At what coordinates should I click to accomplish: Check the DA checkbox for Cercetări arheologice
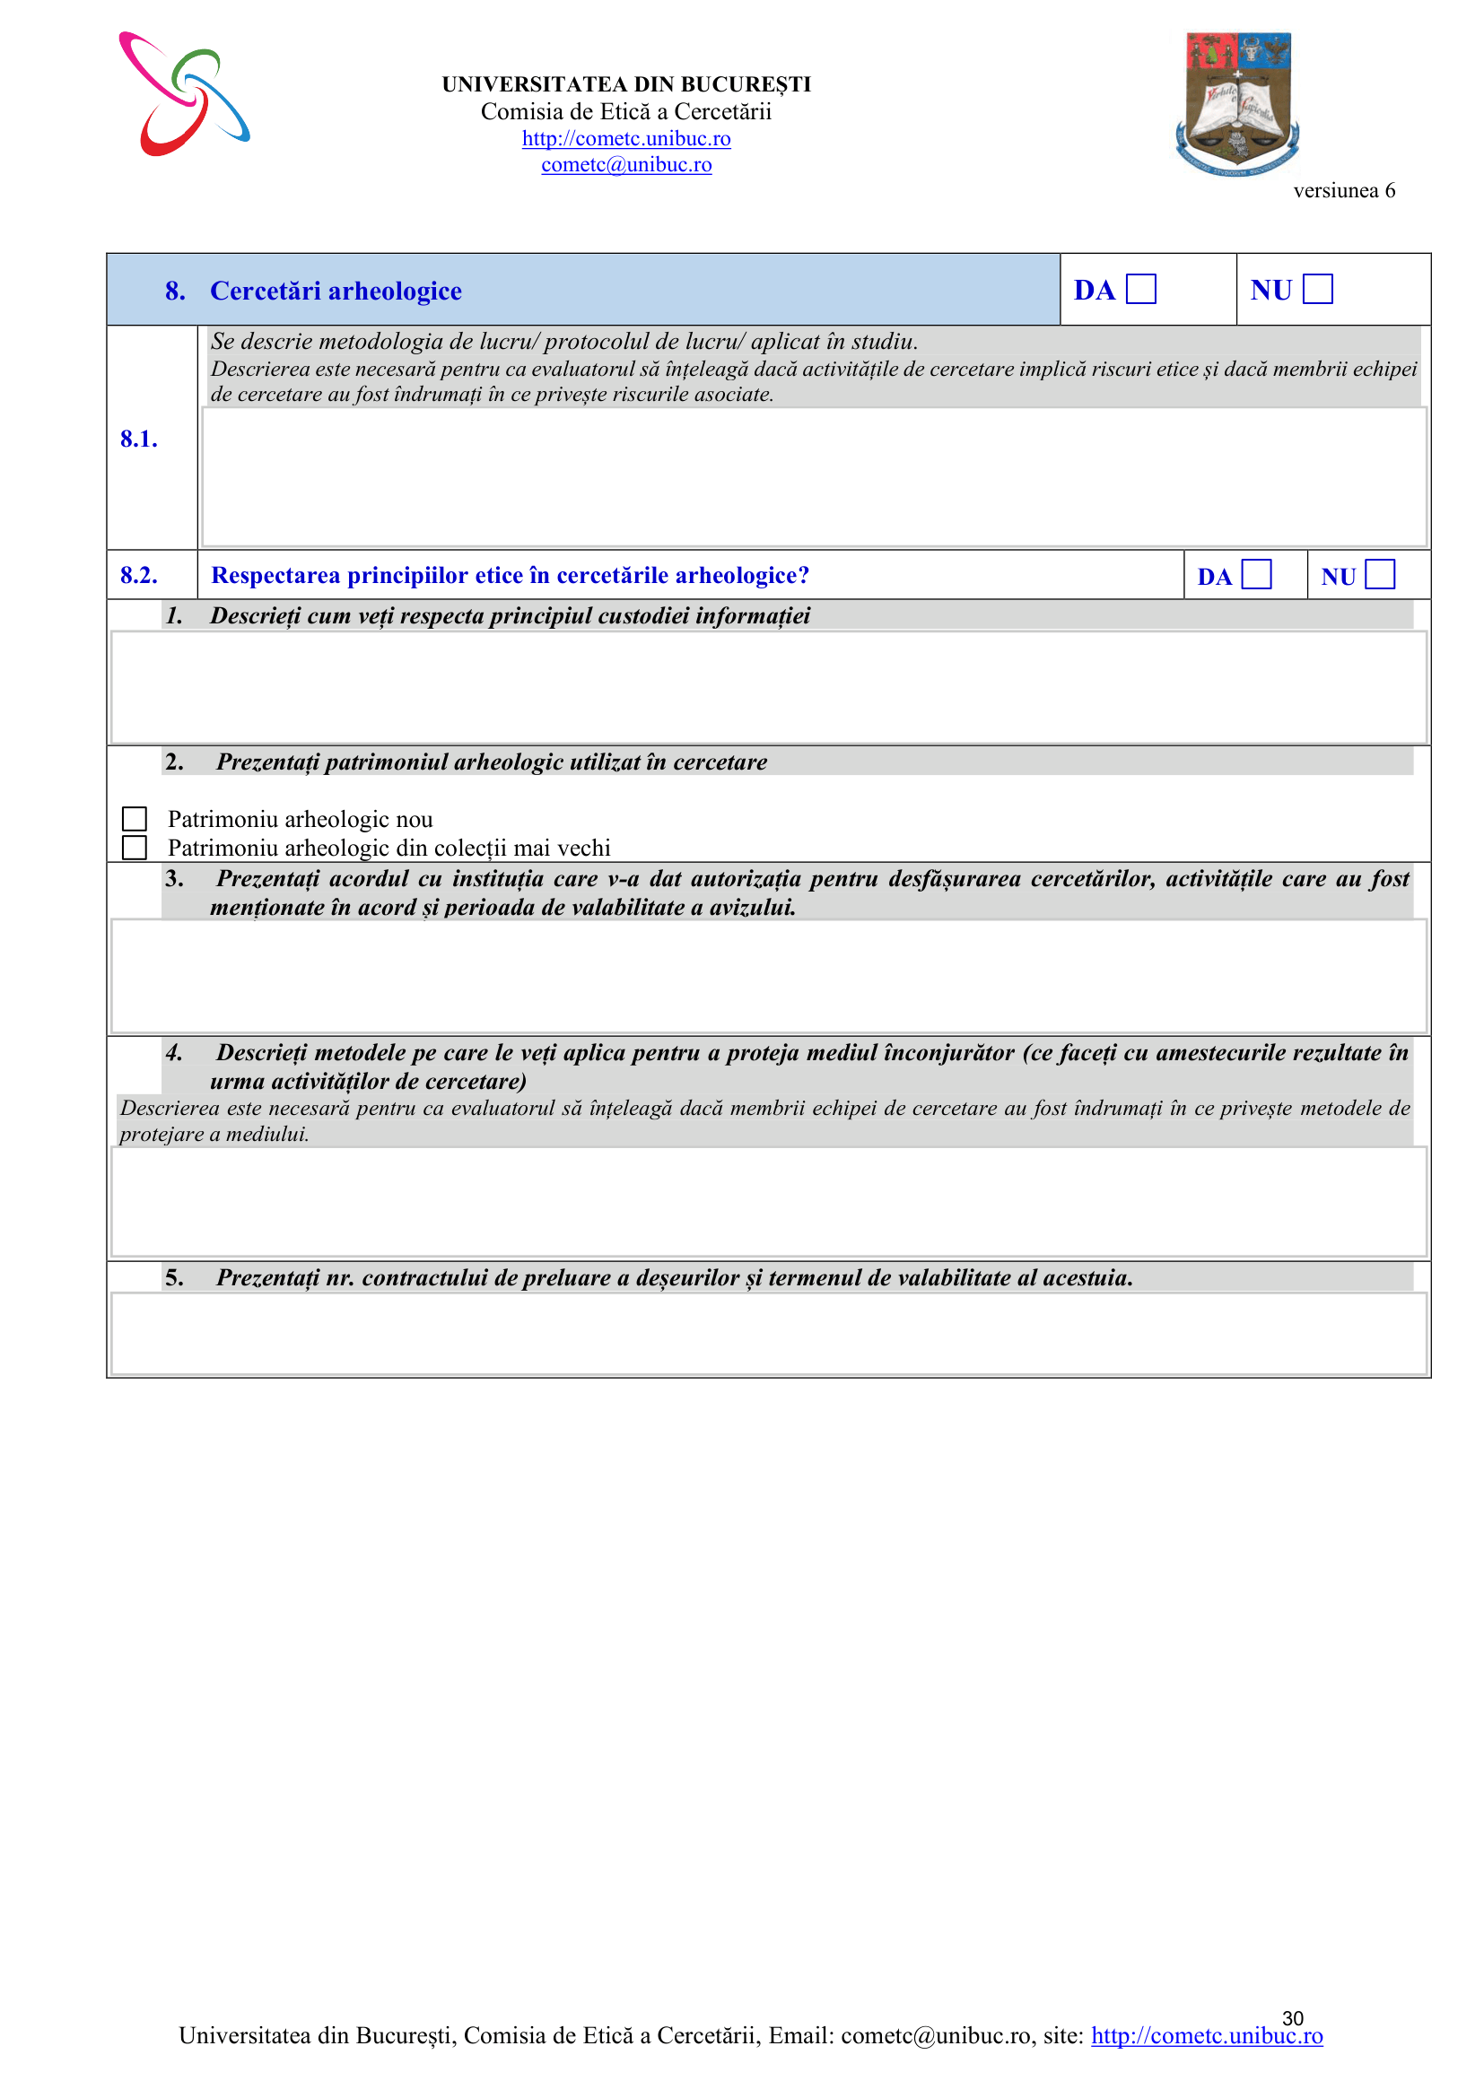tap(1140, 290)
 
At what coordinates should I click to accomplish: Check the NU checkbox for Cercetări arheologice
tap(1317, 290)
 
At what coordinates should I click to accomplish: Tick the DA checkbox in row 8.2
tap(1255, 575)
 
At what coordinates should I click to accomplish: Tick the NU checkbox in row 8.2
tap(1379, 575)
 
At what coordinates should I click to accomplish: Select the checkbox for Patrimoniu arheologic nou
tap(135, 819)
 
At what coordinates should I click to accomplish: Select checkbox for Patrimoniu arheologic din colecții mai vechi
tap(135, 848)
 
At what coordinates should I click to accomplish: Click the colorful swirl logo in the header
tap(184, 94)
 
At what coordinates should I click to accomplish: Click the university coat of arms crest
tap(1237, 102)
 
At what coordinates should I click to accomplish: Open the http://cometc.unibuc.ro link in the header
tap(626, 139)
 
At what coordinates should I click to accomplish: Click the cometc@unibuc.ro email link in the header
tap(626, 165)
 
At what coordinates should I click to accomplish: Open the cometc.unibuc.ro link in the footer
tap(1206, 2036)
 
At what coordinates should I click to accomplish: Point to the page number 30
tap(1292, 2018)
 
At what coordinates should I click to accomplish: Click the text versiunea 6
tap(1343, 191)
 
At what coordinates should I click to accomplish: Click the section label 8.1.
tap(139, 440)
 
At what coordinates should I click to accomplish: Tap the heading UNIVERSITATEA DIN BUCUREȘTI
tap(626, 85)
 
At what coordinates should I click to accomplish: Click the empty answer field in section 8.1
tap(813, 477)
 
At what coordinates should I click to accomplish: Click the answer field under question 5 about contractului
tap(768, 1333)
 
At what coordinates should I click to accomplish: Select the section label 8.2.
tap(139, 576)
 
